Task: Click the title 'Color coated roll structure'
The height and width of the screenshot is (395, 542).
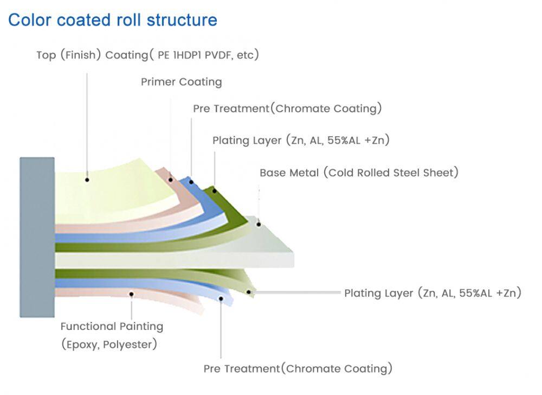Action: pyautogui.click(x=113, y=20)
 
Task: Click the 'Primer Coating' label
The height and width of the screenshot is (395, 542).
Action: pyautogui.click(x=182, y=82)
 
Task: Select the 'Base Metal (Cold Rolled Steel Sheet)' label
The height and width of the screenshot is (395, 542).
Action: pyautogui.click(x=359, y=173)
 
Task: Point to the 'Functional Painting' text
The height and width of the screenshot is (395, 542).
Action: pyautogui.click(x=112, y=327)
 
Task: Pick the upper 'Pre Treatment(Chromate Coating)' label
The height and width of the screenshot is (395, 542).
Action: pyautogui.click(x=287, y=109)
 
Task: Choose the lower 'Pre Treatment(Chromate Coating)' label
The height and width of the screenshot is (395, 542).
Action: pyautogui.click(x=298, y=369)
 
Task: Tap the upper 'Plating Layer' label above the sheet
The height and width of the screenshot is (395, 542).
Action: pyautogui.click(x=301, y=141)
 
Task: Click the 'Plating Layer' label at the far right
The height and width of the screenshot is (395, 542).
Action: pyautogui.click(x=433, y=294)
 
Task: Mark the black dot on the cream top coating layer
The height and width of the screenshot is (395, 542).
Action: pyautogui.click(x=87, y=180)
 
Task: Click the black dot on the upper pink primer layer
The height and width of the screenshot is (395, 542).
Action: pyautogui.click(x=170, y=180)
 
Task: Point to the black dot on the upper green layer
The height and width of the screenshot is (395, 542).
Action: pyautogui.click(x=215, y=190)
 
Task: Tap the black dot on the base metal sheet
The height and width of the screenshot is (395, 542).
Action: pyautogui.click(x=259, y=224)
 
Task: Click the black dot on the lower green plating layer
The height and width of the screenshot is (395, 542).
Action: pyautogui.click(x=249, y=293)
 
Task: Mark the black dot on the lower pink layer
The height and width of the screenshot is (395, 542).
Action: pyautogui.click(x=132, y=295)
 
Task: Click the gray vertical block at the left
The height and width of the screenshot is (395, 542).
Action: pyautogui.click(x=37, y=237)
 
